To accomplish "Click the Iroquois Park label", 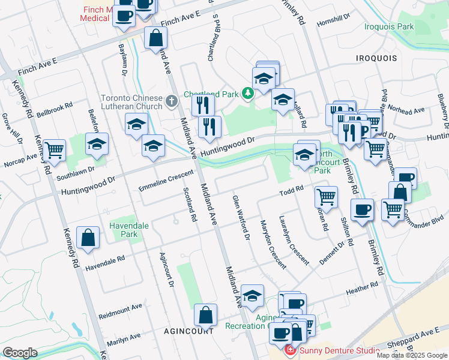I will (x=388, y=27).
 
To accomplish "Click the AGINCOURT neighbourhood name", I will (x=190, y=331).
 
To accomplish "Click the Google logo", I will (x=20, y=353).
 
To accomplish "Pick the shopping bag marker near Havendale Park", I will (x=88, y=237).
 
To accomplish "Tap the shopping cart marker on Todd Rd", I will (x=326, y=196).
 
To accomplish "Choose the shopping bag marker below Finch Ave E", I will (x=155, y=38).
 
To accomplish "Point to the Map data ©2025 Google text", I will (x=411, y=355).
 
